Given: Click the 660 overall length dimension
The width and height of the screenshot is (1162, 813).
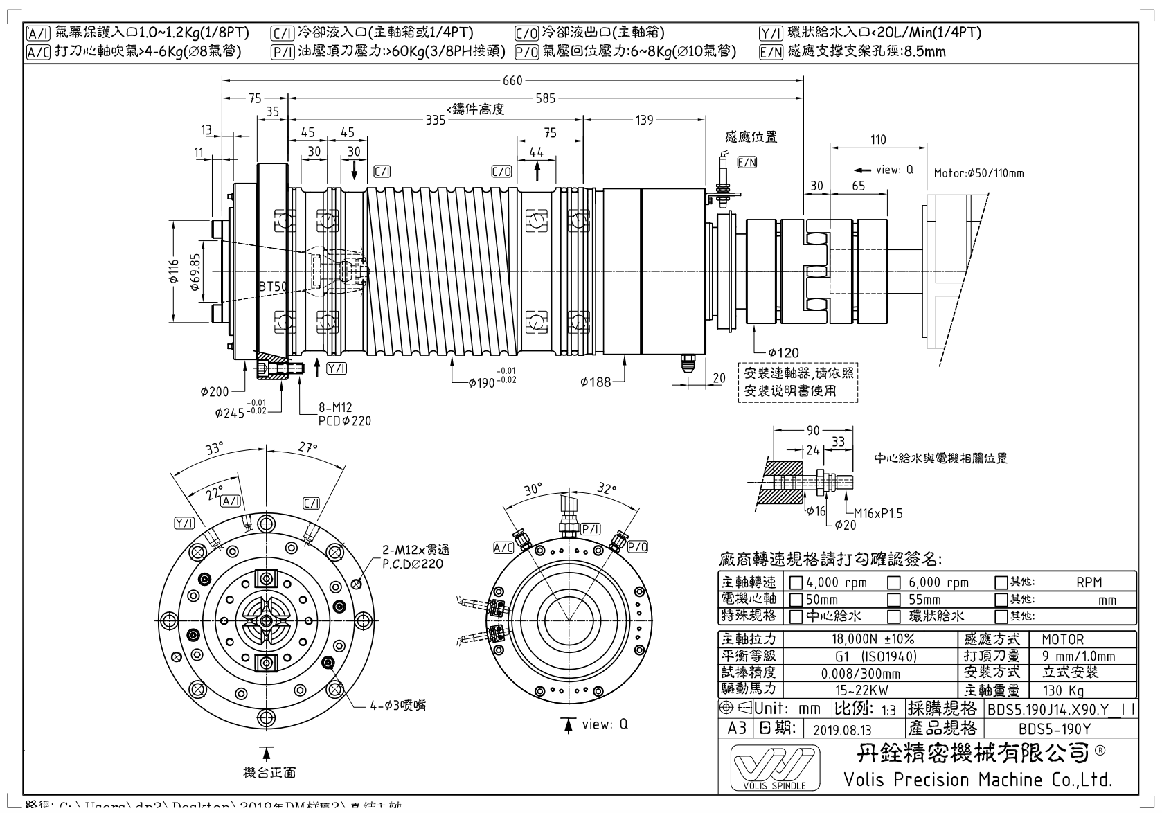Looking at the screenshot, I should pyautogui.click(x=512, y=81).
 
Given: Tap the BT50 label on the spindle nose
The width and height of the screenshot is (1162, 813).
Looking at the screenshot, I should pyautogui.click(x=273, y=286).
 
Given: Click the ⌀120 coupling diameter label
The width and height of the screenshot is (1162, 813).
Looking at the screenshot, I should pyautogui.click(x=783, y=352).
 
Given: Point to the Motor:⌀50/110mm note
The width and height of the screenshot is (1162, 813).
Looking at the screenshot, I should pyautogui.click(x=978, y=172).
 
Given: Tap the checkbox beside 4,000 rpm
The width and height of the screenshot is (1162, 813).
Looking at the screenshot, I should pyautogui.click(x=796, y=582).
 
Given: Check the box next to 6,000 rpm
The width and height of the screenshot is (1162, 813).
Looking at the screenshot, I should pyautogui.click(x=895, y=582).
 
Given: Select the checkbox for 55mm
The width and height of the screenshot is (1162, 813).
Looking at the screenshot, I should pyautogui.click(x=895, y=599).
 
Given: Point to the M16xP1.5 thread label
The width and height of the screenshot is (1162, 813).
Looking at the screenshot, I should pyautogui.click(x=878, y=513).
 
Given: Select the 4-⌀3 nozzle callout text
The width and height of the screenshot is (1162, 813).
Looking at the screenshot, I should pyautogui.click(x=397, y=705).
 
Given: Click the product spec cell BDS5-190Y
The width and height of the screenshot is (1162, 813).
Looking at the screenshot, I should pyautogui.click(x=1055, y=729).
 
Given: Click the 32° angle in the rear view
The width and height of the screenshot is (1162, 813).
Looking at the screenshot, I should pyautogui.click(x=607, y=488).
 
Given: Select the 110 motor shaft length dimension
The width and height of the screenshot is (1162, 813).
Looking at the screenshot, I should pyautogui.click(x=878, y=139).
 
